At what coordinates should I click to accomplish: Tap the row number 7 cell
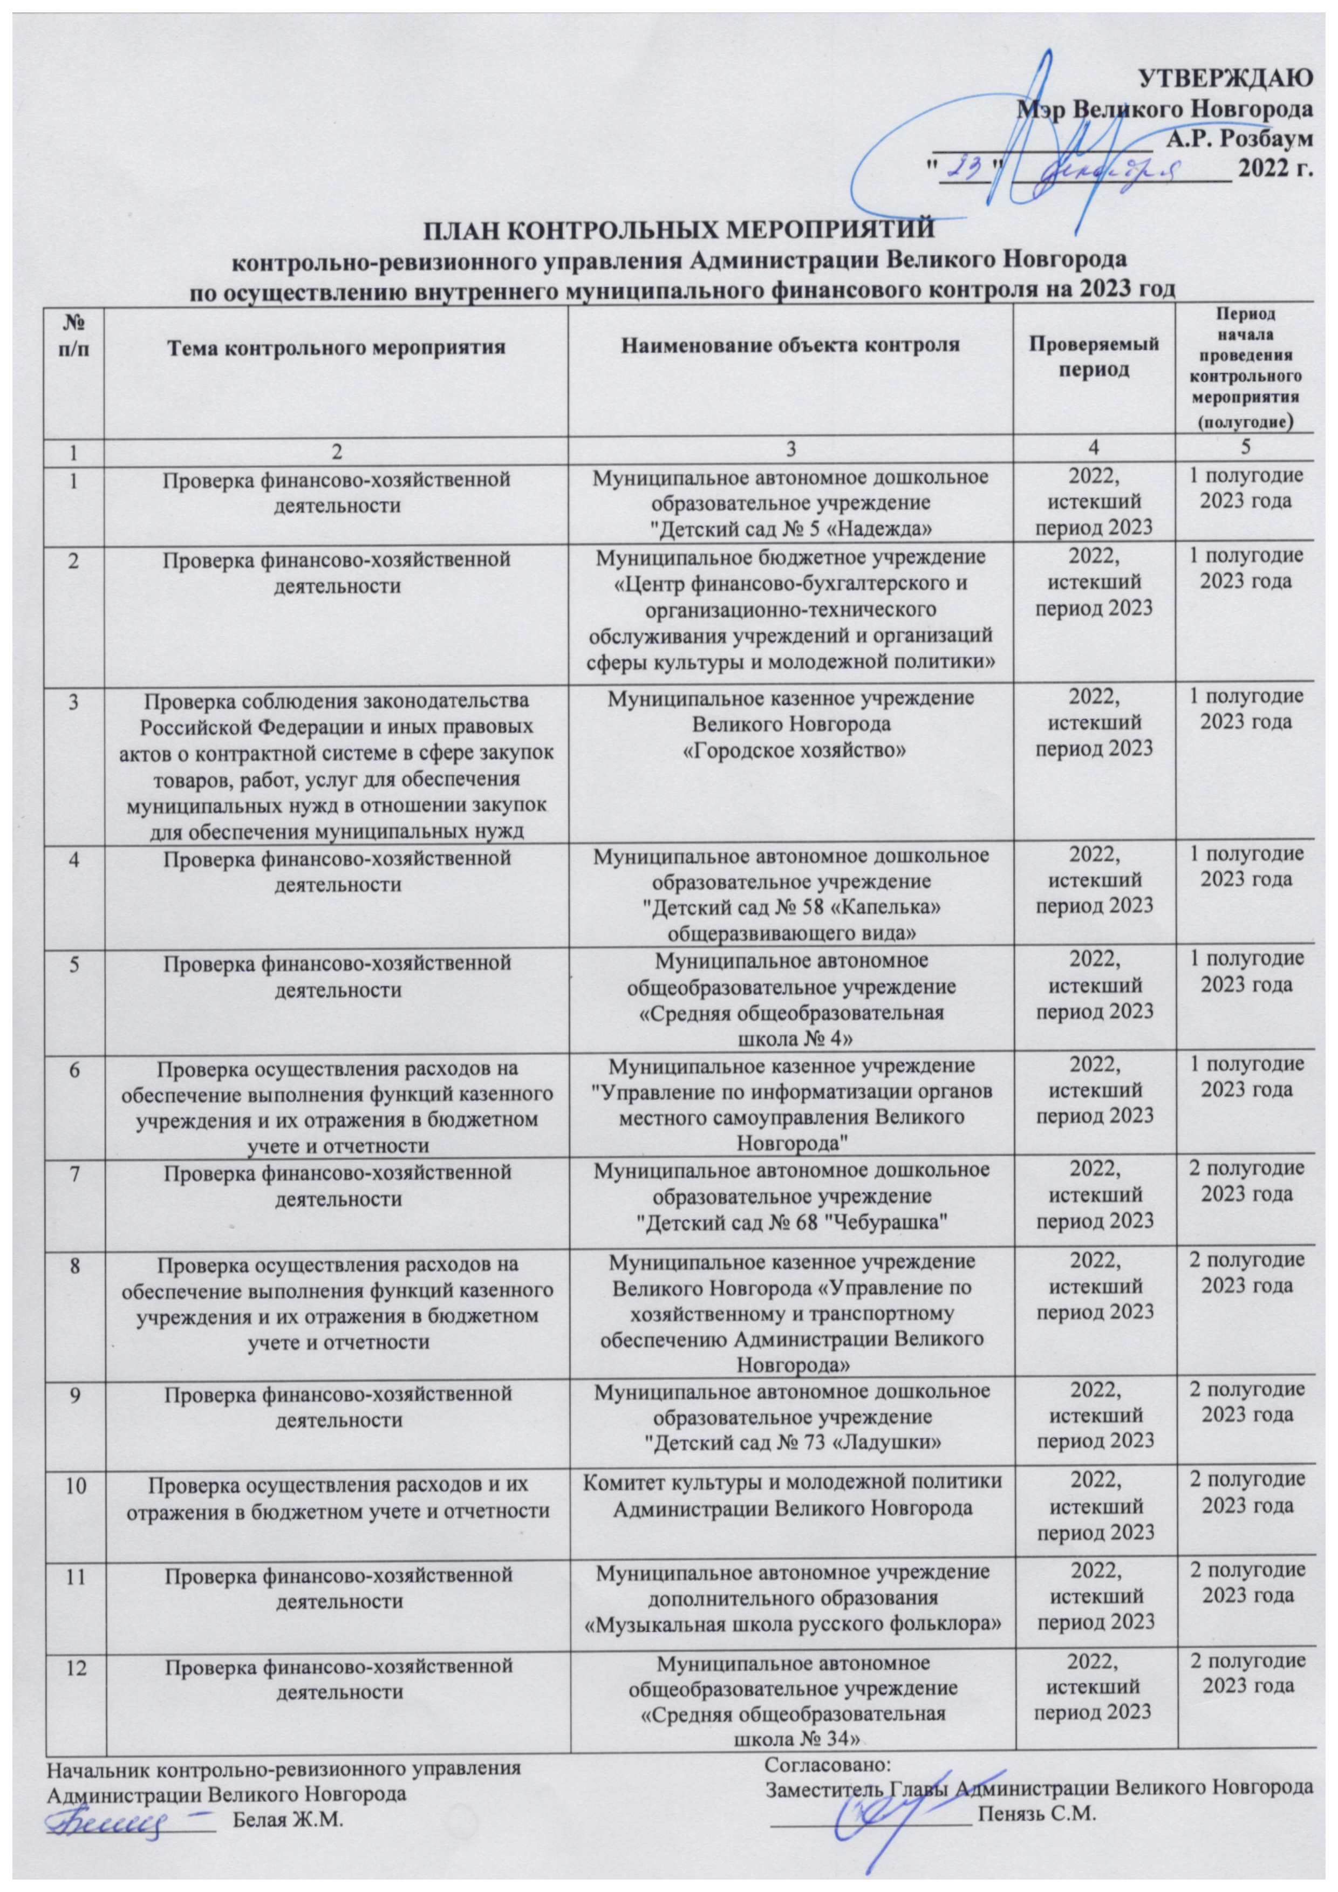tap(75, 1169)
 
